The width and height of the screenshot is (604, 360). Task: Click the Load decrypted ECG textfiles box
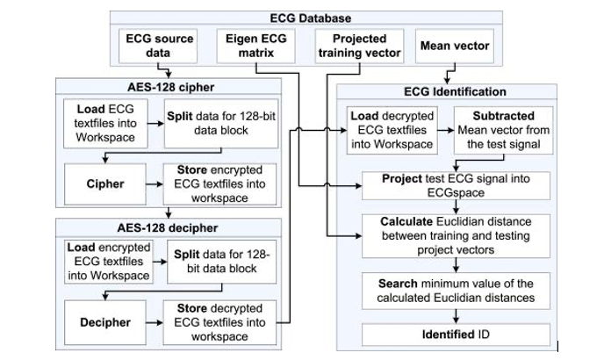point(391,130)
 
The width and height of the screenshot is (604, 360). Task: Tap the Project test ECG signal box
point(456,185)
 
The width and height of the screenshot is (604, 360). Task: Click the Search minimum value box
point(456,291)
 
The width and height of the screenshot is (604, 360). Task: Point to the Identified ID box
point(456,335)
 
